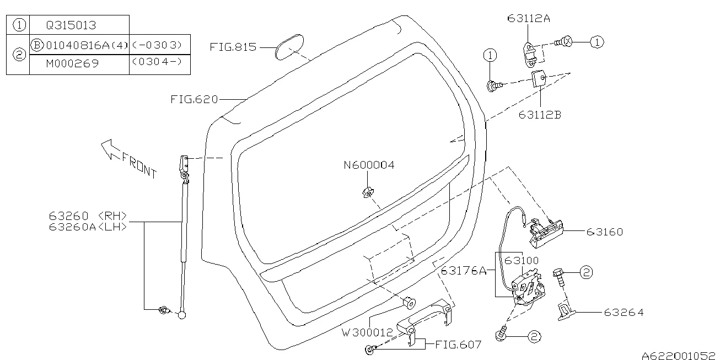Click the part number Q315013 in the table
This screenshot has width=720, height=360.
[x=71, y=25]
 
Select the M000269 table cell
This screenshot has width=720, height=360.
[x=72, y=63]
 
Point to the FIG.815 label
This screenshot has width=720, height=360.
[x=233, y=47]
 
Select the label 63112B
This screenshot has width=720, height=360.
[x=539, y=115]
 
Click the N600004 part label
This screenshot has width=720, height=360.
[x=369, y=165]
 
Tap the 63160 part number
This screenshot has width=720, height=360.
[x=604, y=232]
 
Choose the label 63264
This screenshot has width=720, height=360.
[x=624, y=313]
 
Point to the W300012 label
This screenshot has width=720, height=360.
[x=367, y=332]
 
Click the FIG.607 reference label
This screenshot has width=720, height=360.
[x=458, y=345]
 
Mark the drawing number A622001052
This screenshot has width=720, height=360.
[x=680, y=355]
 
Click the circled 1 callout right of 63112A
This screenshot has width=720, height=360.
[x=597, y=41]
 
